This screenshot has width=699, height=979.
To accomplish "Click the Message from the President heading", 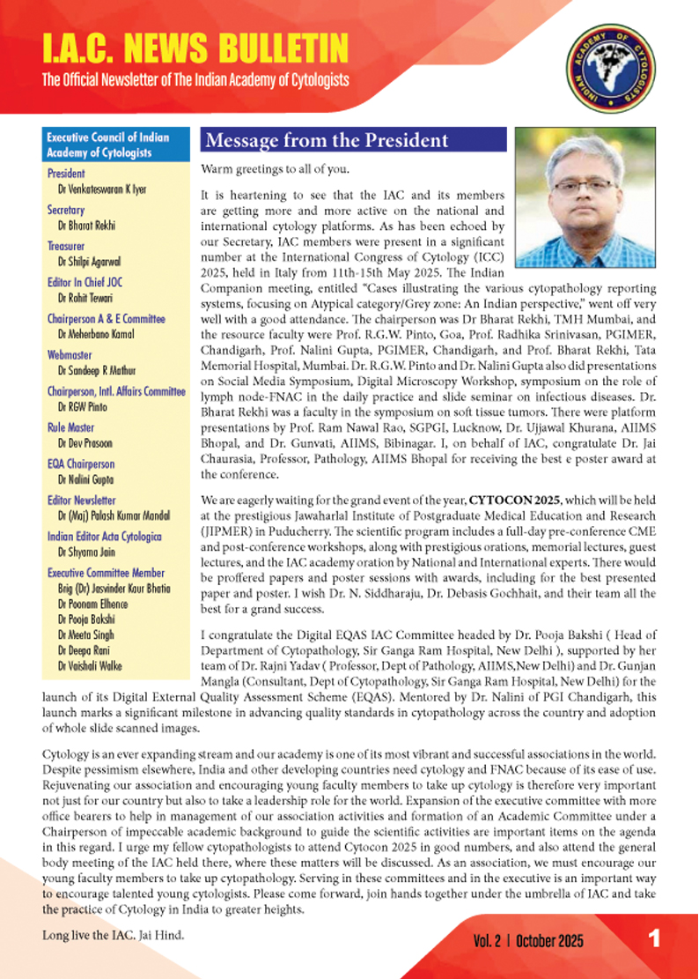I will click(x=326, y=141).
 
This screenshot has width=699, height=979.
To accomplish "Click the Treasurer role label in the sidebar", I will click(x=66, y=247).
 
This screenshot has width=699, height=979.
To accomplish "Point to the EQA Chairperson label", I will click(x=81, y=464).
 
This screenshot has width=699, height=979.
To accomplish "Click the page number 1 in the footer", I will click(x=654, y=939).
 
